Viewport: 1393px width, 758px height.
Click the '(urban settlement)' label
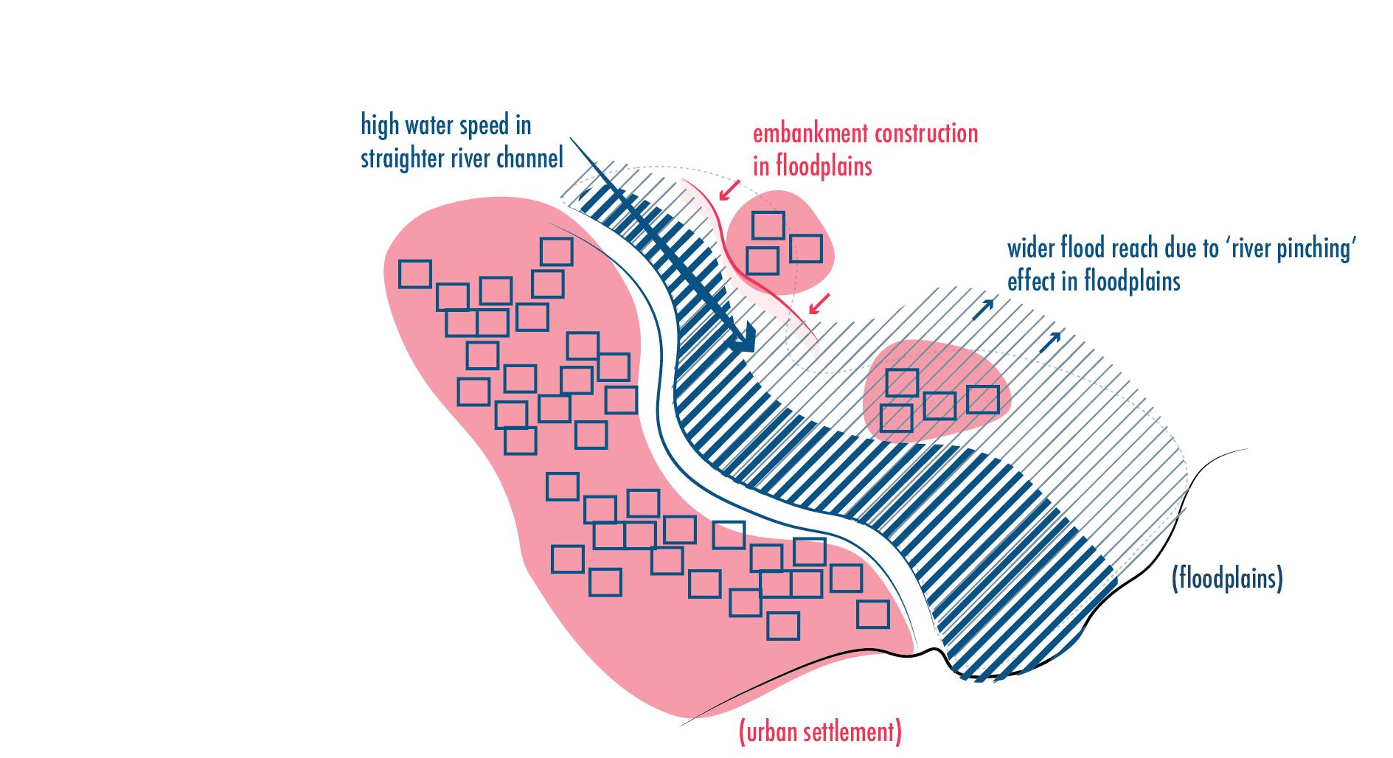pyautogui.click(x=820, y=732)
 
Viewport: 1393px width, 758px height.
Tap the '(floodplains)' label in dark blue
pyautogui.click(x=1227, y=579)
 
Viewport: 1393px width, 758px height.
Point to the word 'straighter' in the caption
pyautogui.click(x=405, y=159)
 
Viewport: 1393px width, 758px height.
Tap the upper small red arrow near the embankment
pyautogui.click(x=729, y=190)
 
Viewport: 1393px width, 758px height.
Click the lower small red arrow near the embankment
pyautogui.click(x=819, y=303)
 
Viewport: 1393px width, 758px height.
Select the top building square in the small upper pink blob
pyautogui.click(x=768, y=225)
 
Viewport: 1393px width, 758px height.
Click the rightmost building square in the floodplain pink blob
pyautogui.click(x=982, y=399)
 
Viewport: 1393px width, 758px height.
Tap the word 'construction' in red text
pyautogui.click(x=926, y=134)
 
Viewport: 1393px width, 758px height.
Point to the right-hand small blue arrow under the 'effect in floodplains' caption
pyautogui.click(x=1054, y=338)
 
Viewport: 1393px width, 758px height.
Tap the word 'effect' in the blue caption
pyautogui.click(x=1029, y=282)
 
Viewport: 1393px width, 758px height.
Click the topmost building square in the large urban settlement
pyautogui.click(x=556, y=251)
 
